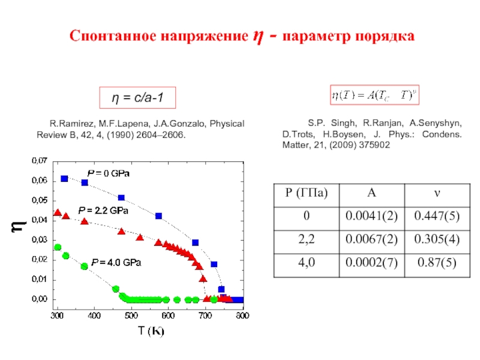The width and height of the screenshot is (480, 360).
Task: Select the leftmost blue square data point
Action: click(x=64, y=179)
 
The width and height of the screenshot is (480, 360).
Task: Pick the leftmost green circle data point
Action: click(x=58, y=247)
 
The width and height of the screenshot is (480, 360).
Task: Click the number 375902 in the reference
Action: click(x=372, y=146)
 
